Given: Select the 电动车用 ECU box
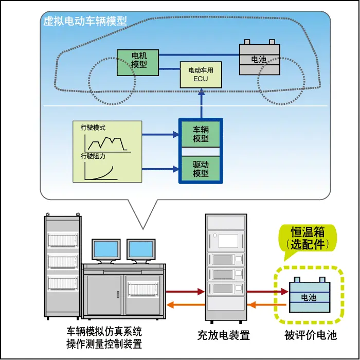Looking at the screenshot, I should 200,74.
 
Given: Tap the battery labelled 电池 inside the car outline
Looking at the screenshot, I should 259,60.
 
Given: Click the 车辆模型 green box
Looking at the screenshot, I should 201,135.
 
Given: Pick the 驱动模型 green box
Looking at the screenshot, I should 201,168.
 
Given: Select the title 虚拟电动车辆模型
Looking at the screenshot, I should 85,22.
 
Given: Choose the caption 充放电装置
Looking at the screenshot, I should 224,336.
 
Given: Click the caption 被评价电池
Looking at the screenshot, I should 311,336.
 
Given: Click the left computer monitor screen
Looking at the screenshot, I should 106,249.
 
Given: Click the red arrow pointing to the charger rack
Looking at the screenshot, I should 185,292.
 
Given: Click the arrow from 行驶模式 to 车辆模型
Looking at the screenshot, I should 159,135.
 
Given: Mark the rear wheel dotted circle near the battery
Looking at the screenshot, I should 281,82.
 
